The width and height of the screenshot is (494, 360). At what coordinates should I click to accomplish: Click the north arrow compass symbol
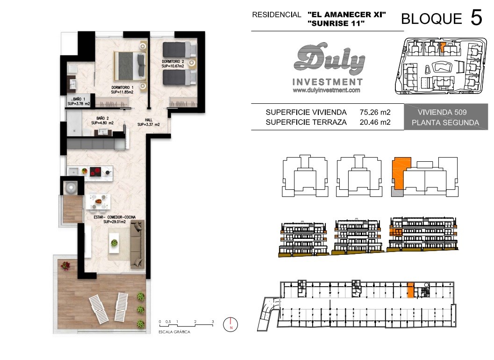(x=230, y=324)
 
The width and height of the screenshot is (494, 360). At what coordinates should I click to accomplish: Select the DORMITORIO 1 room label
(x=122, y=90)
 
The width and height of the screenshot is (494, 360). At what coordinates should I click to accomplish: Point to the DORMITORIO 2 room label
(x=172, y=64)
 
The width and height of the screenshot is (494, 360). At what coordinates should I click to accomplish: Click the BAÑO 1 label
(x=79, y=101)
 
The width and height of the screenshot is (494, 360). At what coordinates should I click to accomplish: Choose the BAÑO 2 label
(x=102, y=121)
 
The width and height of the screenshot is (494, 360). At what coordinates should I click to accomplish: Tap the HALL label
(x=149, y=122)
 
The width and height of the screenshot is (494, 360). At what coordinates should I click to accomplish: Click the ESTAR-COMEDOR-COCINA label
(x=115, y=219)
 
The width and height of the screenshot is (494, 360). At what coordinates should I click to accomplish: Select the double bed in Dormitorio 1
(x=130, y=66)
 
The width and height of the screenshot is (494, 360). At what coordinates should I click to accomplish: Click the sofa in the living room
(x=137, y=245)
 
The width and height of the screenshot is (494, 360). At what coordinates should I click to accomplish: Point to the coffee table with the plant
(x=115, y=243)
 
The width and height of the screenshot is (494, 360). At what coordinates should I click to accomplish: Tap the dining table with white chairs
(x=98, y=201)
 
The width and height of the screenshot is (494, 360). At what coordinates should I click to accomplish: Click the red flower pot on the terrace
(x=65, y=266)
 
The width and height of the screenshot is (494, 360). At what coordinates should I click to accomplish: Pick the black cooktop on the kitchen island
(x=95, y=172)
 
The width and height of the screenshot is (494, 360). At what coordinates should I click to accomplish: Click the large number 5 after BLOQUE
(x=476, y=17)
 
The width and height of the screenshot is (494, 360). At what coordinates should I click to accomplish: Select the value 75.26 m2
(x=375, y=112)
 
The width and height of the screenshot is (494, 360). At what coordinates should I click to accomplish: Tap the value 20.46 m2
(x=375, y=122)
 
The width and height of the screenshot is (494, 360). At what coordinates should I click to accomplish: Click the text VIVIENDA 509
(x=442, y=112)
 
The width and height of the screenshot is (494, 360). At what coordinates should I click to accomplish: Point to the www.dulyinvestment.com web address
(x=326, y=90)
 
